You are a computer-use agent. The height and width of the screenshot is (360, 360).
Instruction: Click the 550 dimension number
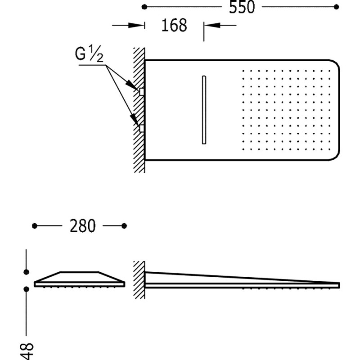[x=242, y=7]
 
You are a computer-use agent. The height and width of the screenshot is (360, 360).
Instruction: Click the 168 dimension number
[x=174, y=25]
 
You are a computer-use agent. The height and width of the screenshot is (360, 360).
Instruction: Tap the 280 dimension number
[x=82, y=226]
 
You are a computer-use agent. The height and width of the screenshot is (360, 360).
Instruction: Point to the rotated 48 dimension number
[x=27, y=351]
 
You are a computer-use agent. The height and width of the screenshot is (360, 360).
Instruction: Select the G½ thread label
[x=89, y=54]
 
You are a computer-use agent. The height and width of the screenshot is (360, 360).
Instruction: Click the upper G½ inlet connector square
[x=142, y=92]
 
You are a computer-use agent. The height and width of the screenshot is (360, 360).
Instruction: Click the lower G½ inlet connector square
[x=142, y=128]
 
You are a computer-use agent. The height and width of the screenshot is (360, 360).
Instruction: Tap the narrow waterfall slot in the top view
[x=204, y=110]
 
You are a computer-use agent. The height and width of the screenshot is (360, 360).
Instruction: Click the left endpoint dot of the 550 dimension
[x=144, y=7]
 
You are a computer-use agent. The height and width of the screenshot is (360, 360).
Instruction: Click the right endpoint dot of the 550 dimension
[x=336, y=7]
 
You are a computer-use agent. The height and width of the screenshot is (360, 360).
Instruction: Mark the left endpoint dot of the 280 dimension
[x=35, y=226]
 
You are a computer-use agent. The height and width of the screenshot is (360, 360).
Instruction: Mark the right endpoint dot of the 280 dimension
[x=124, y=226]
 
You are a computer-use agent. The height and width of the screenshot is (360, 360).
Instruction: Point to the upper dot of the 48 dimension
[x=27, y=272]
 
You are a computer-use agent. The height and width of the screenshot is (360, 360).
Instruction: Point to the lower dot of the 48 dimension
[x=27, y=289]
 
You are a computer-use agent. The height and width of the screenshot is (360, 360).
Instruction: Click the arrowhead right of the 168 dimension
[x=212, y=25]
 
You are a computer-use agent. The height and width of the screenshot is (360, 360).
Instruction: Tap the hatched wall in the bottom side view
[x=139, y=280]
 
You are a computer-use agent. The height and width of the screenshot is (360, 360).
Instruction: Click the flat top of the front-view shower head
[x=80, y=272]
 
